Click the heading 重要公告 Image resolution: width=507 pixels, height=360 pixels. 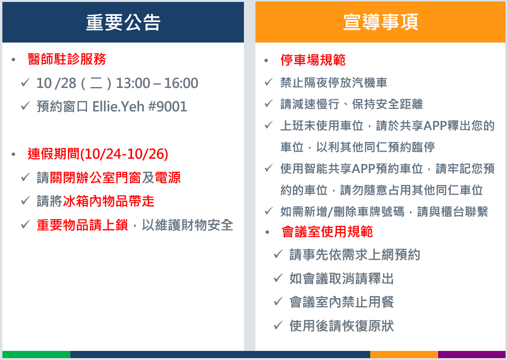point(123,22)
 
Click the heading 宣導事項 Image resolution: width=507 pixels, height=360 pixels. point(381,22)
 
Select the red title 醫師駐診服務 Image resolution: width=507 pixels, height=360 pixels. point(67,59)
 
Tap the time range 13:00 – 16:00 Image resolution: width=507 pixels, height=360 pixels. point(157,83)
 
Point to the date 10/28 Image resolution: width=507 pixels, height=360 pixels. point(56,83)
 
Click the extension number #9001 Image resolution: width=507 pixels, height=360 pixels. point(167,107)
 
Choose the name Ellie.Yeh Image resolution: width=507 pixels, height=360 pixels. point(118,107)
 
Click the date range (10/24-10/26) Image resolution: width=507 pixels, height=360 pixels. point(124,154)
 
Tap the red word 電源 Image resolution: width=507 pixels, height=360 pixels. point(168,177)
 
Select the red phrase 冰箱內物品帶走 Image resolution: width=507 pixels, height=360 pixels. point(109,201)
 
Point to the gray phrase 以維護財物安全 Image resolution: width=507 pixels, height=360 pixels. point(187,225)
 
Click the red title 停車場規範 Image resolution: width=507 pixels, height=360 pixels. point(313,60)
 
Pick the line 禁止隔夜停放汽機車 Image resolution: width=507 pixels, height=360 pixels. point(334,83)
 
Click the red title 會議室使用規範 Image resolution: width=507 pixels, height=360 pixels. point(327,232)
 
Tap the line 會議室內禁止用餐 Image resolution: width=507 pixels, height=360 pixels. point(342,302)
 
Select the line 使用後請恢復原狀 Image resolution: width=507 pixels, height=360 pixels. point(342,326)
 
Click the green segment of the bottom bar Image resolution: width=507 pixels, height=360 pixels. point(36,355)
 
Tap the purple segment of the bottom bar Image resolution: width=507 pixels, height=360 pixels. point(472,355)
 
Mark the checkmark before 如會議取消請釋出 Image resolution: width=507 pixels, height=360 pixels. point(278,278)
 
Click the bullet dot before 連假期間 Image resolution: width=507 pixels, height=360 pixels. point(13,154)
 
